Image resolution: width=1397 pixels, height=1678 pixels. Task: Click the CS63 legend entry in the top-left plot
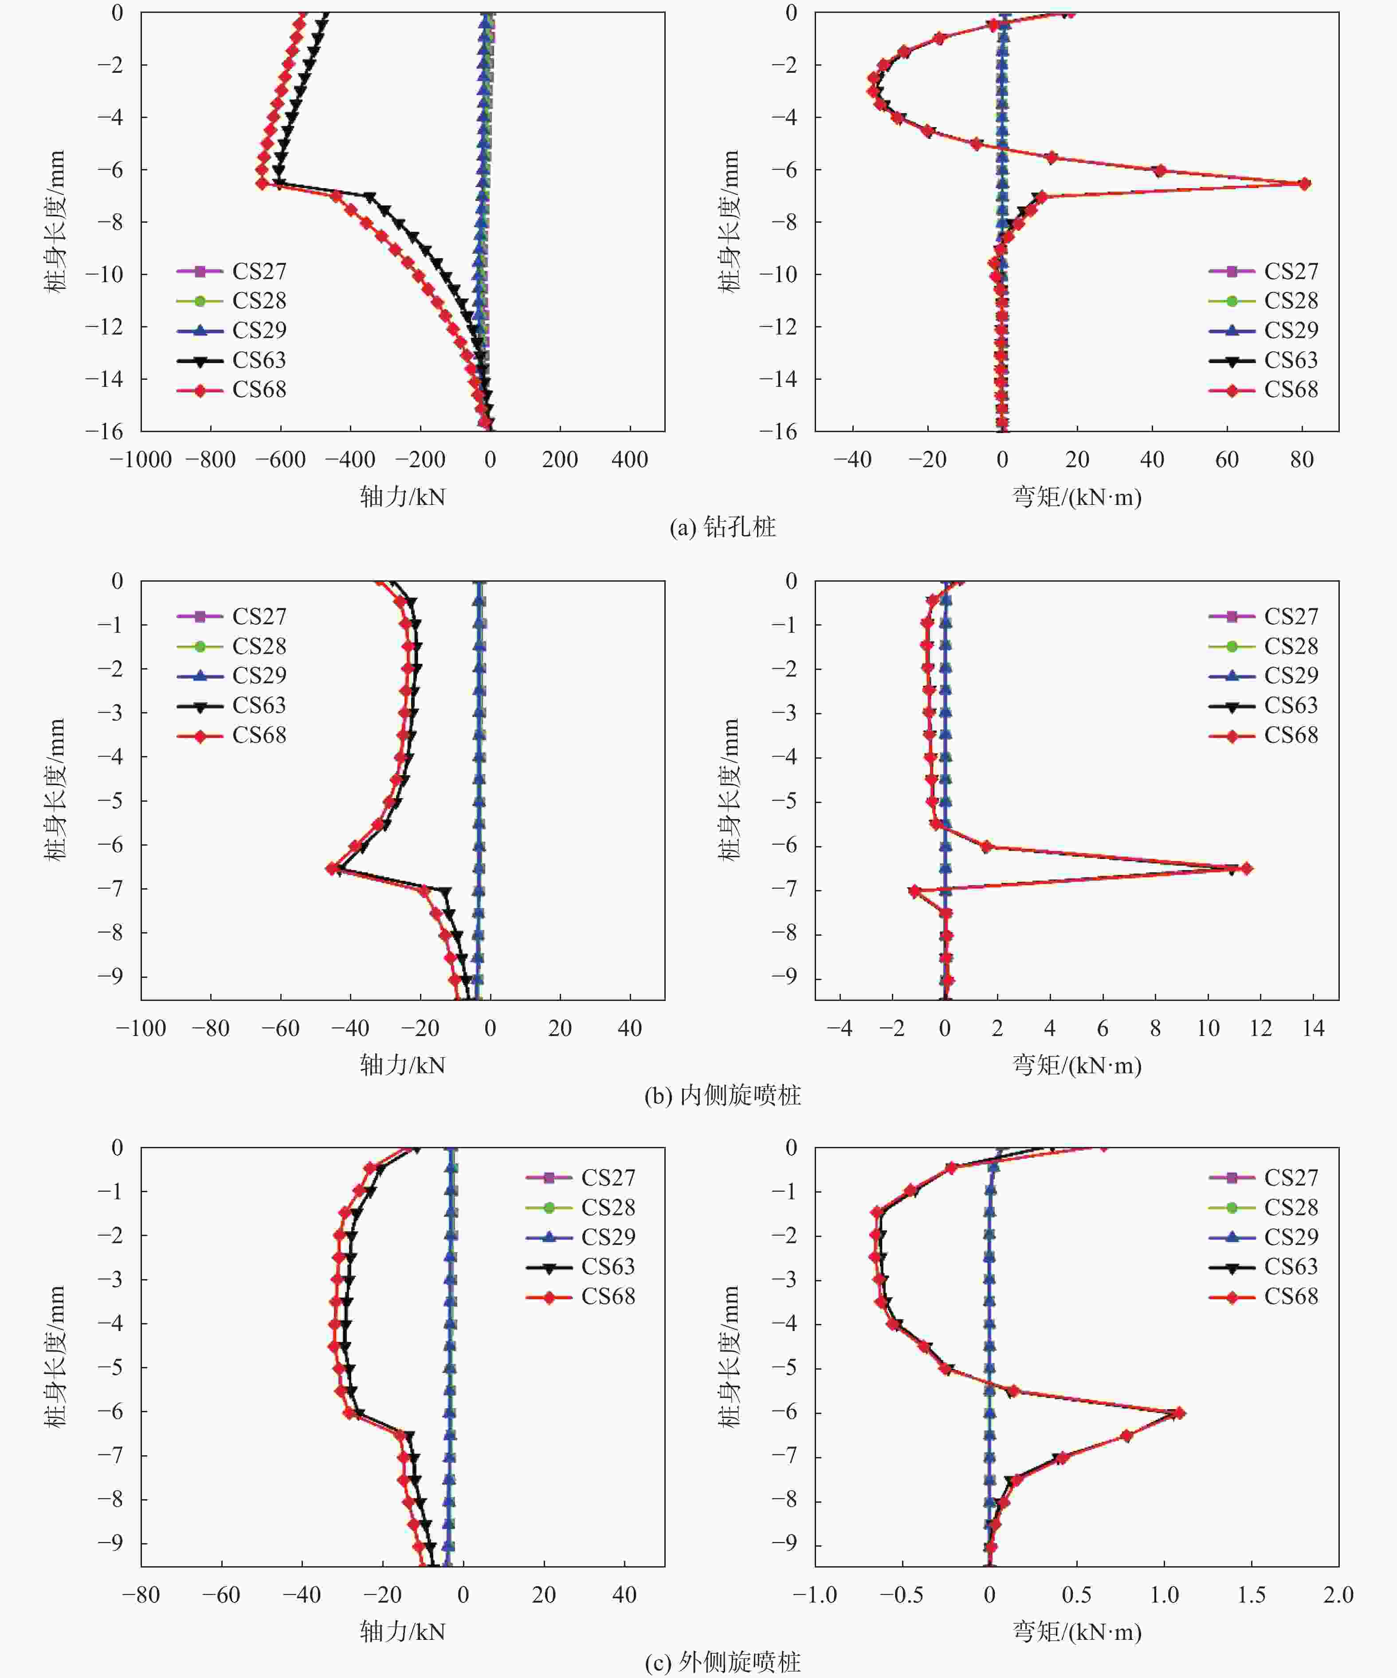(232, 360)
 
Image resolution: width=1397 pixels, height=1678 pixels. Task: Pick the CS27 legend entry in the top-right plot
(1264, 272)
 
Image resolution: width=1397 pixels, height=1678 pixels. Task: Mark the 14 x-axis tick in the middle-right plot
(1313, 1028)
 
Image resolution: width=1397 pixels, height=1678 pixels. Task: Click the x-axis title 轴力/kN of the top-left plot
(403, 497)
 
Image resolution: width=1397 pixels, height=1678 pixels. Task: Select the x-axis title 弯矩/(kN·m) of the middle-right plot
(1077, 1065)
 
